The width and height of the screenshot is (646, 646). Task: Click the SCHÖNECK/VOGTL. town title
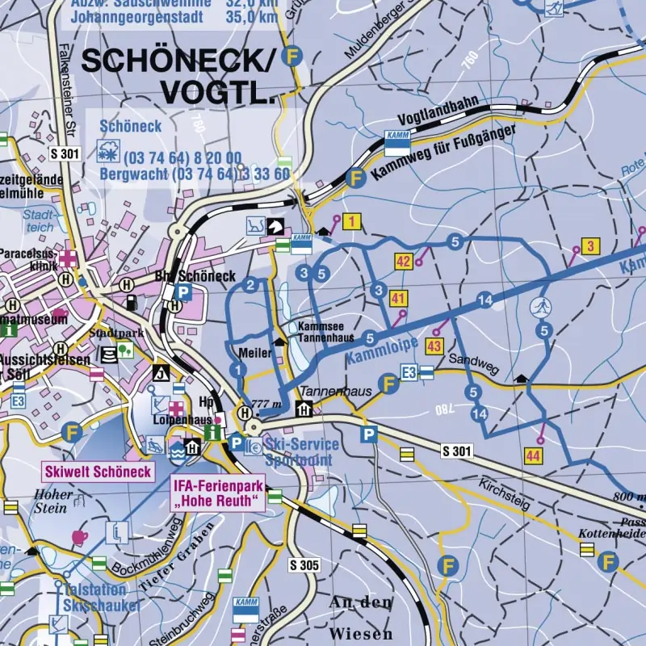click(179, 75)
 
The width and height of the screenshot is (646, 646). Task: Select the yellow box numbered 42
click(403, 260)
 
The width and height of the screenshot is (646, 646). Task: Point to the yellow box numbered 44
click(532, 456)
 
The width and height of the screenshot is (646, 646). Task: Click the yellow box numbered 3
click(591, 246)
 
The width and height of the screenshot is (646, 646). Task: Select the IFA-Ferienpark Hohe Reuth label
click(218, 493)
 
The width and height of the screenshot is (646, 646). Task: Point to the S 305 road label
click(304, 565)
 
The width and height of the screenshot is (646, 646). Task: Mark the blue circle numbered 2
click(251, 284)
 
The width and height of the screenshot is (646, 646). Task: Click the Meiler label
click(254, 353)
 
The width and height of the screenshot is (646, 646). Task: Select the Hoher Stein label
click(51, 501)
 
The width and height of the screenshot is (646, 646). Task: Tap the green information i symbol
click(214, 433)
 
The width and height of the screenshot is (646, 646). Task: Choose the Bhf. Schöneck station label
click(195, 276)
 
